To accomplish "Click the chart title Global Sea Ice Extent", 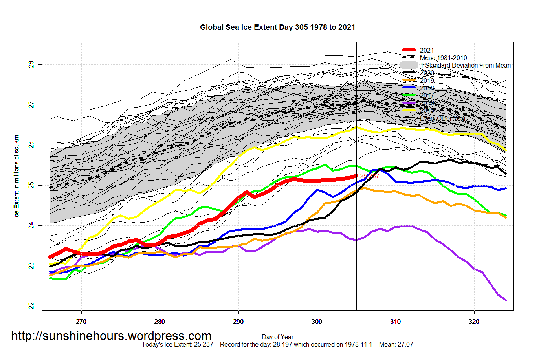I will (277, 27).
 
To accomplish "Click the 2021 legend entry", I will (427, 50).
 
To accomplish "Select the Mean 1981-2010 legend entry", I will (443, 58).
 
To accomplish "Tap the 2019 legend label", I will (427, 80).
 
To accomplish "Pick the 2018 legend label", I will (427, 88).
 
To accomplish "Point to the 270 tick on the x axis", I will (81, 322).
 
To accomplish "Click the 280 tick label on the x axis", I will (160, 322).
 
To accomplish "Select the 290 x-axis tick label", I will (238, 322).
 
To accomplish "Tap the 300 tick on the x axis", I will (317, 322).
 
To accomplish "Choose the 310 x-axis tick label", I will (396, 322).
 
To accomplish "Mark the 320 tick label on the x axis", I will (474, 322).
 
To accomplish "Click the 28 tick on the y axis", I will (31, 64).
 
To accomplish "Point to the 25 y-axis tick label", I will (31, 185).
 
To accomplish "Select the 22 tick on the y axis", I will (31, 306).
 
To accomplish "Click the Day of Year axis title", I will (277, 337).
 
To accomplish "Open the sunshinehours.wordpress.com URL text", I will (111, 336).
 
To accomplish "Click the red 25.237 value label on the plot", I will (370, 176).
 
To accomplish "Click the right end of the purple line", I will (506, 300).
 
